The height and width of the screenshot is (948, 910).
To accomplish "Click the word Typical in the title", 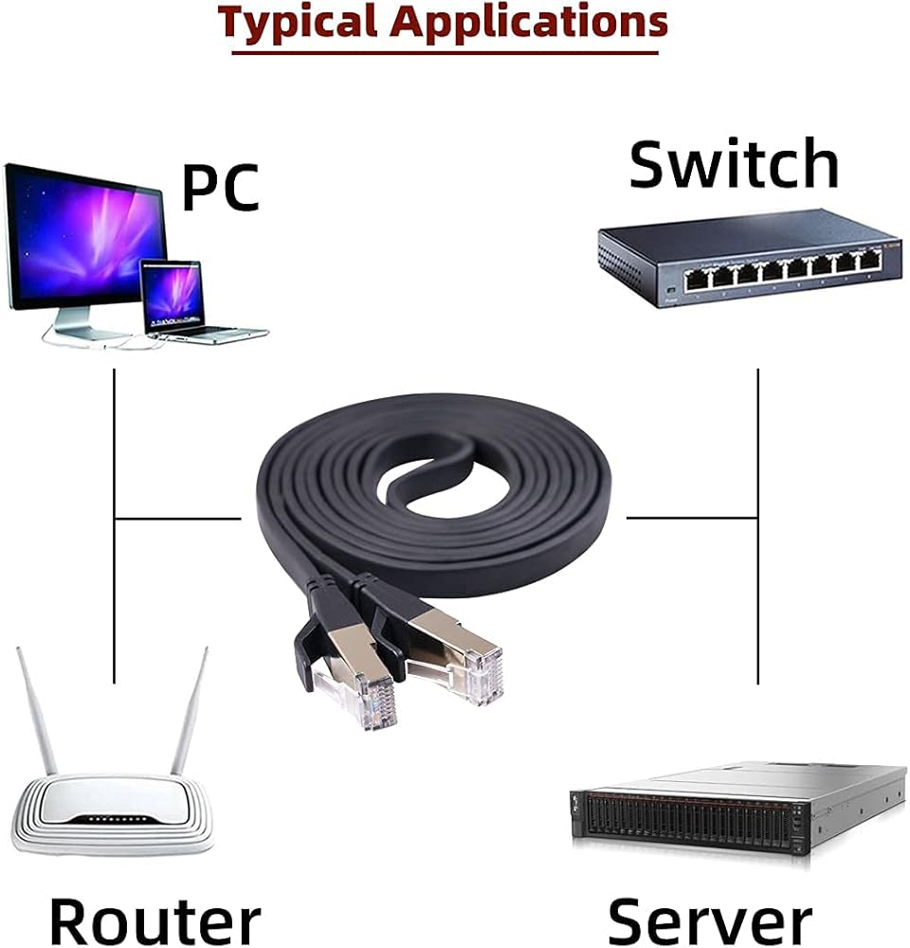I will [x=300, y=21].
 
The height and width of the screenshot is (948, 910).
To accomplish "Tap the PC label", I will [x=220, y=187].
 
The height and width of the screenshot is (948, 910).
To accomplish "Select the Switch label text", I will [x=734, y=164].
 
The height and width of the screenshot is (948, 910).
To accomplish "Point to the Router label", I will [x=155, y=921].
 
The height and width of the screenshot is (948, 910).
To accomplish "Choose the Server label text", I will [x=709, y=921].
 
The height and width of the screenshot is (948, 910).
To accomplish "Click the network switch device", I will [x=749, y=261].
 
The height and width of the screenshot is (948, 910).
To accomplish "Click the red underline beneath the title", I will [x=445, y=51].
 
